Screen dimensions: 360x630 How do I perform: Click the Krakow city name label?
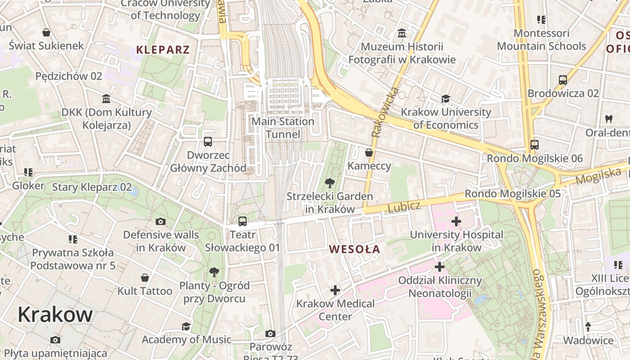[55, 315]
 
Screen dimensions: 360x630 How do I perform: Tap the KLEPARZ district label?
[163, 49]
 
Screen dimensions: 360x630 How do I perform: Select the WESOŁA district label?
[354, 249]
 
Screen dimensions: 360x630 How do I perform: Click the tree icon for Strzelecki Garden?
[330, 183]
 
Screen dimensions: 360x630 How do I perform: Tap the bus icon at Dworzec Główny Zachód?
[208, 141]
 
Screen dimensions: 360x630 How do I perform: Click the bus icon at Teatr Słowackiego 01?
[243, 221]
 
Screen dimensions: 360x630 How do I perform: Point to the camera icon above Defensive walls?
[161, 221]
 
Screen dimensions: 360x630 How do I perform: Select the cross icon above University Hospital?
[456, 221]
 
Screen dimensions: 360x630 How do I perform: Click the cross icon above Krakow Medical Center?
[335, 290]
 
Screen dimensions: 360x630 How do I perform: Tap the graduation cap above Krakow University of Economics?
[445, 99]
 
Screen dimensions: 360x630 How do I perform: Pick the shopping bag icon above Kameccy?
[369, 153]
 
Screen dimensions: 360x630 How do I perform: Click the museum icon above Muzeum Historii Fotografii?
[402, 33]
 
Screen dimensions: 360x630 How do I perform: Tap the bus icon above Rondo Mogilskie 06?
[535, 145]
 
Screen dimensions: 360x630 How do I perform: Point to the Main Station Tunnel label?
[283, 128]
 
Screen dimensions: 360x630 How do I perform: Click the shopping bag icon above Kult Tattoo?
[145, 278]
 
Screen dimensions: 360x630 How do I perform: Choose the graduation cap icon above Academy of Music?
[186, 326]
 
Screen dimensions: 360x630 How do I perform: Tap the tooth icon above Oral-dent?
[609, 119]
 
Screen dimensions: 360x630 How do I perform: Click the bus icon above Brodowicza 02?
[563, 80]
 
